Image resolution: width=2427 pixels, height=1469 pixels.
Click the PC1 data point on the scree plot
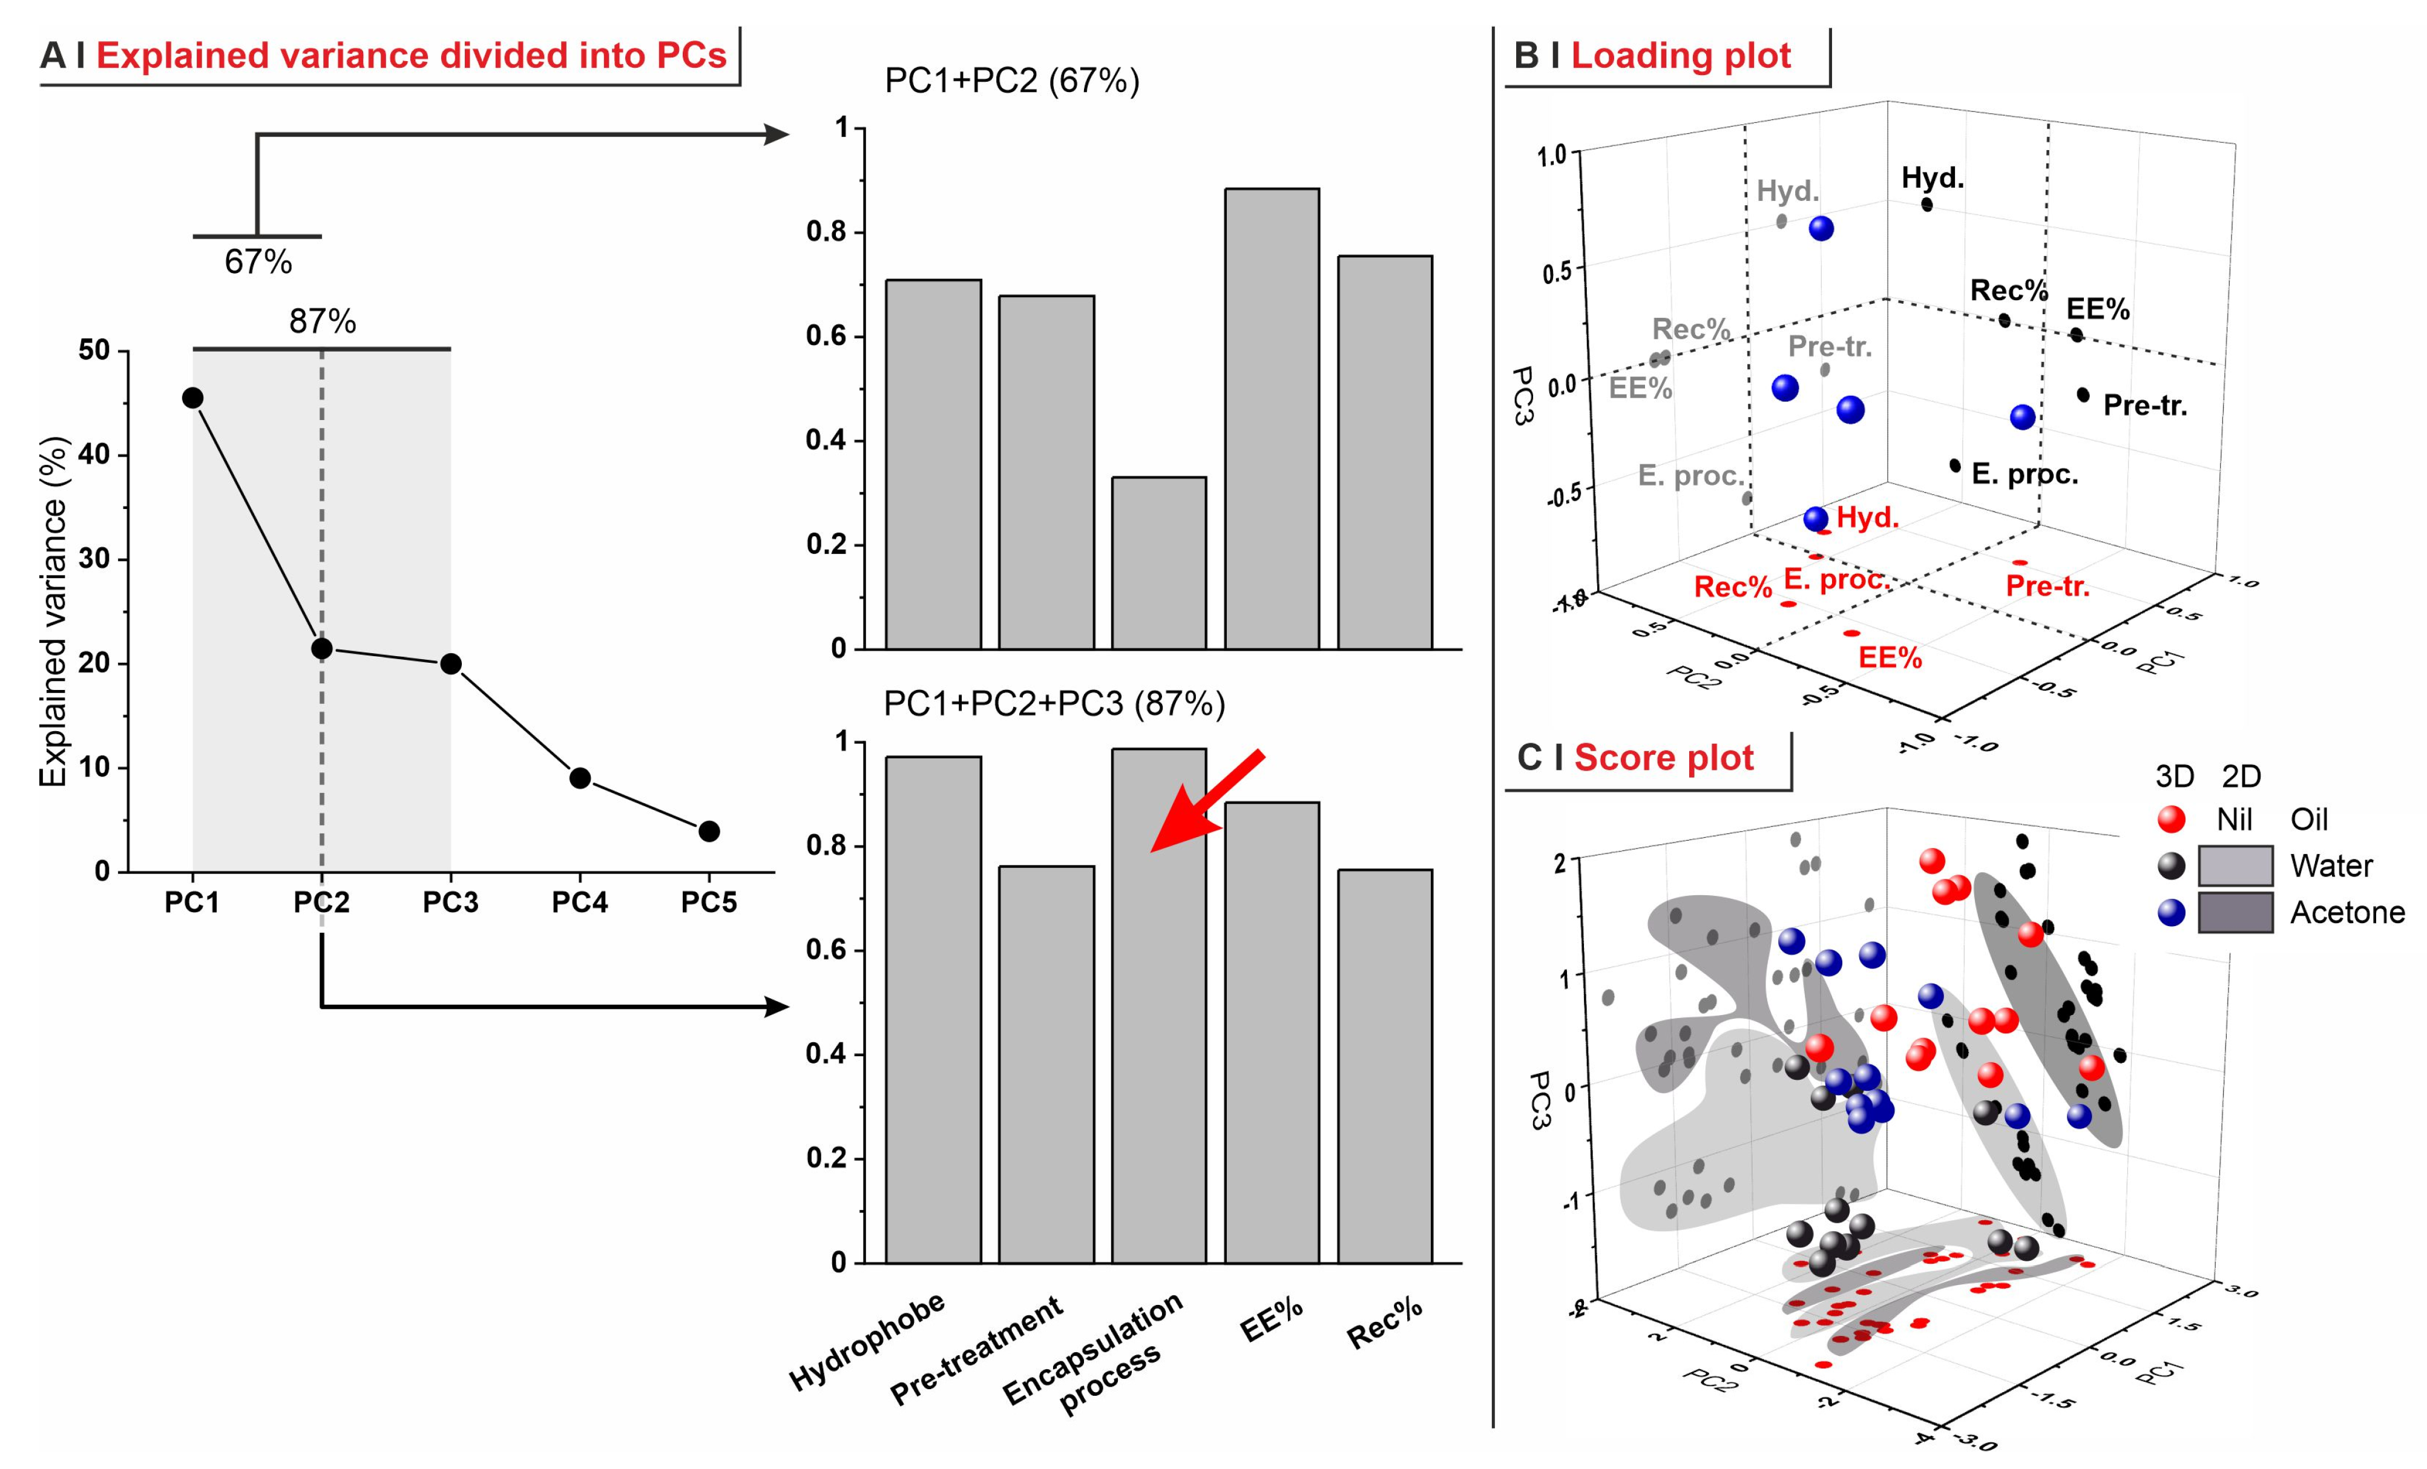(x=193, y=398)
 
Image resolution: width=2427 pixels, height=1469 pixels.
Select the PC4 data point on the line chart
(x=580, y=778)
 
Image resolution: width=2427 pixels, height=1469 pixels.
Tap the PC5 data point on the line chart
(x=709, y=832)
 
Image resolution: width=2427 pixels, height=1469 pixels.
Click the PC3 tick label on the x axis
(x=450, y=902)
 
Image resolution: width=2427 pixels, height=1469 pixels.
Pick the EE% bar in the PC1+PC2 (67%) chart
(x=1272, y=419)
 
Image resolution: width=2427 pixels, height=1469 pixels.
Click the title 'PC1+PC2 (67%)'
(x=1011, y=81)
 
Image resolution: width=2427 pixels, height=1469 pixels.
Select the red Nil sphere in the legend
(x=2171, y=819)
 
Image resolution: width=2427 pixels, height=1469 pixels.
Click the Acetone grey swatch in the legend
(x=2235, y=912)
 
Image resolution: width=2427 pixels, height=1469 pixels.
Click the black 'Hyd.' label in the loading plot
(x=1933, y=179)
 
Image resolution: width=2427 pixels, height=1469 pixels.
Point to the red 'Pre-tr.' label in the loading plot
(x=2048, y=587)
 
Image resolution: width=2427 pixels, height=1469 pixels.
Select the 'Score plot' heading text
(x=1664, y=758)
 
